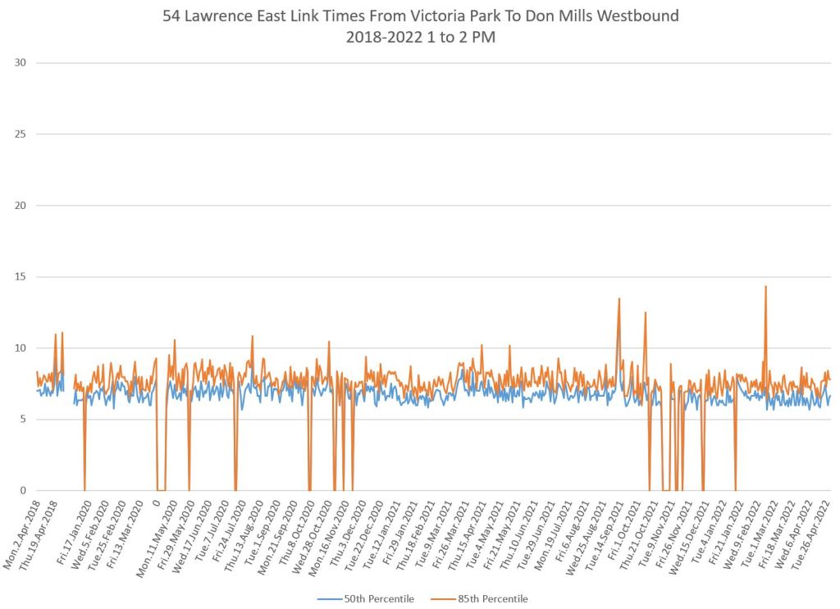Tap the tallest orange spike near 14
765,287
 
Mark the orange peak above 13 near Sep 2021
619,299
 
